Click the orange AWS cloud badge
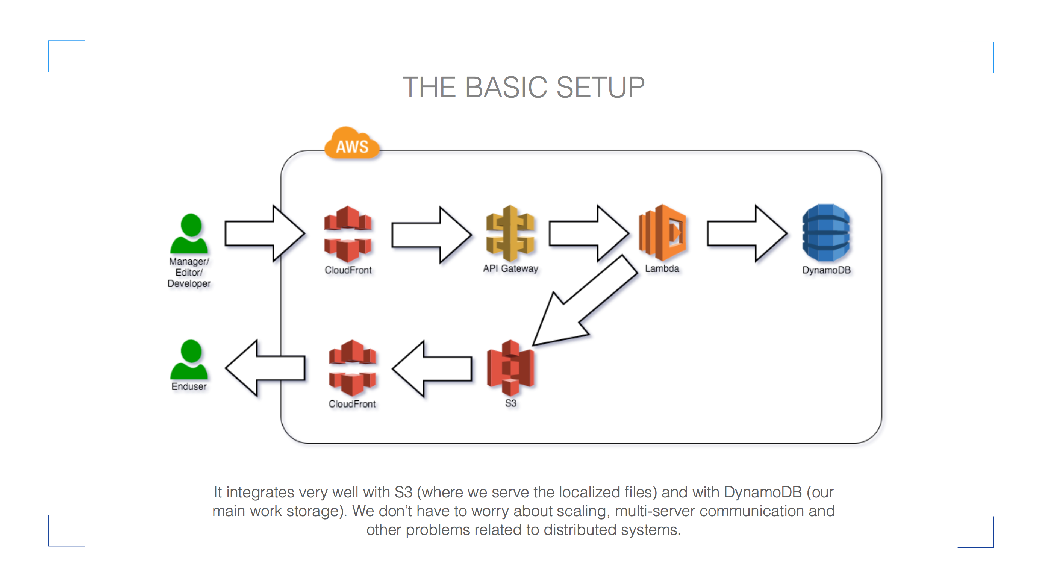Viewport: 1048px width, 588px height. [x=352, y=144]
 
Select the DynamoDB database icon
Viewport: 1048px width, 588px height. [x=826, y=233]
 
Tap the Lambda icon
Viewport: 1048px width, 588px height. [x=662, y=233]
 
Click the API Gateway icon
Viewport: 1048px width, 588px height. [x=510, y=233]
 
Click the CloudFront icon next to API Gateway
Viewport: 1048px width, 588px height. [x=348, y=234]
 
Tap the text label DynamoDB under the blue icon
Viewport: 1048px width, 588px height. [x=826, y=270]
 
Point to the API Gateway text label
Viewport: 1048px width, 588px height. [x=510, y=268]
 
